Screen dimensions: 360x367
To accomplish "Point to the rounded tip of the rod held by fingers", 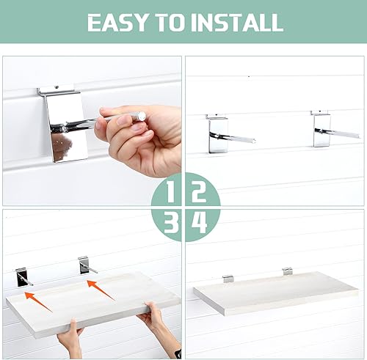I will (139, 115).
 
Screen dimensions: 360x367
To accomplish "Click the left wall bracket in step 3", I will (24, 276).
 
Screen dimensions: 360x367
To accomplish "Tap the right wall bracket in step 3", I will (86, 265).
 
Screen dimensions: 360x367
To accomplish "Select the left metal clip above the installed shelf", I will (228, 279).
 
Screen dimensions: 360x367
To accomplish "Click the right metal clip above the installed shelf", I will (287, 271).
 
